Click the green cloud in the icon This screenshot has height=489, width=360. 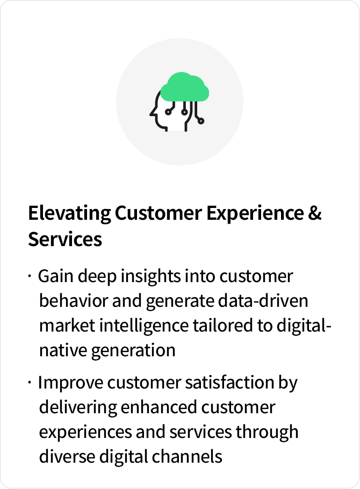184,87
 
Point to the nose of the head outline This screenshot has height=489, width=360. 152,113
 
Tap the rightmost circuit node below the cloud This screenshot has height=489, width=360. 201,121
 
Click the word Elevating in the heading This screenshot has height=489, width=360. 69,214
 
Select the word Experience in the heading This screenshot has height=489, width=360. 255,214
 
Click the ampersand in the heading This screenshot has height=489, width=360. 315,213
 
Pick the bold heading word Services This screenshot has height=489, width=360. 65,240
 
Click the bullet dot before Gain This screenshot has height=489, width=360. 30,276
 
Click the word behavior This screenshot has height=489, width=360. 74,301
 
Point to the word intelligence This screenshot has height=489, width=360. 144,326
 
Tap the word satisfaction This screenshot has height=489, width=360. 229,383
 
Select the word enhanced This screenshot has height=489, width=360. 159,407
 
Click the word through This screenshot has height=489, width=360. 267,433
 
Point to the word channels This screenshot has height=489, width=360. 187,457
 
